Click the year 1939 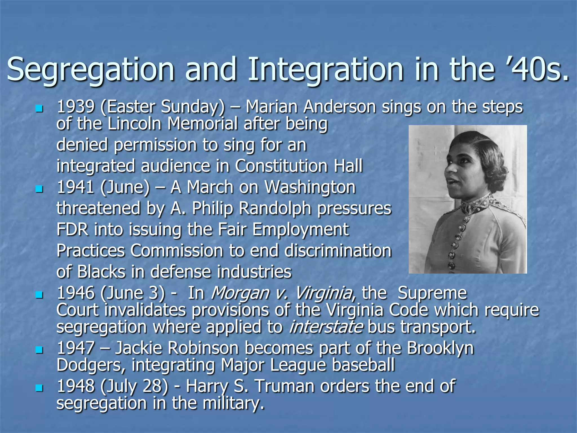pos(76,107)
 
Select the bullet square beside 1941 pos(39,188)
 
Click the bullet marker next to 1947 pos(39,350)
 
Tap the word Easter pos(131,107)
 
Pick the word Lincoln pos(134,124)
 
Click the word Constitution pos(281,166)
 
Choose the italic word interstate pos(326,327)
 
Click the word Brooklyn pos(440,348)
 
